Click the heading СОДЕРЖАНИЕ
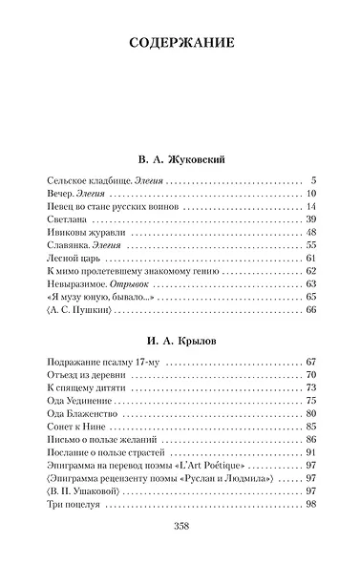tap(180, 43)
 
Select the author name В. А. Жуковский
tap(180, 157)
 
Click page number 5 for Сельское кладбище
tap(312, 180)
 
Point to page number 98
tap(309, 504)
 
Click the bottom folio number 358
tap(180, 527)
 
